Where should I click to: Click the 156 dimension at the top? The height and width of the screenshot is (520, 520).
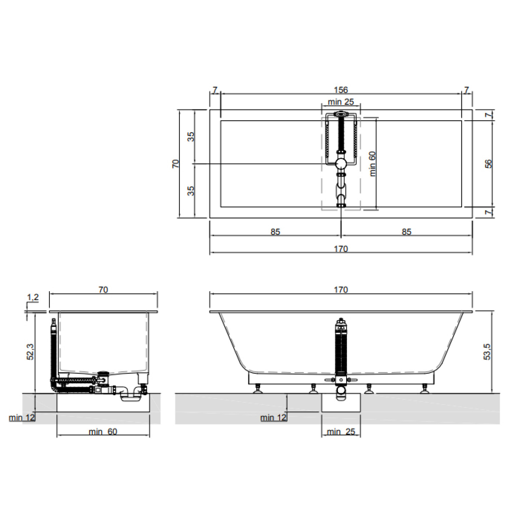[341, 90]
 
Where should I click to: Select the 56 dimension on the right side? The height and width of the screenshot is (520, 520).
[488, 164]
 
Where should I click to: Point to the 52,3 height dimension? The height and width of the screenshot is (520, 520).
[30, 352]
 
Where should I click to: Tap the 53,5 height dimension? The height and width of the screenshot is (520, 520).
[487, 352]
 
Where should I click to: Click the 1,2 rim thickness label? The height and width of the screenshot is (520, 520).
[33, 297]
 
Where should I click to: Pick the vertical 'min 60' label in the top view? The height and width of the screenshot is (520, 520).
[372, 164]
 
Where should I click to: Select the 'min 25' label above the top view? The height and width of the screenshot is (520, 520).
[341, 102]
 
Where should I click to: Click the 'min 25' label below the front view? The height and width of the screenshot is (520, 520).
[341, 432]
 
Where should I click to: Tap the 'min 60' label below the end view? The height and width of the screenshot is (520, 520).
[103, 432]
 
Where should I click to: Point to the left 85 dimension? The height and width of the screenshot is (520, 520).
[275, 232]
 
